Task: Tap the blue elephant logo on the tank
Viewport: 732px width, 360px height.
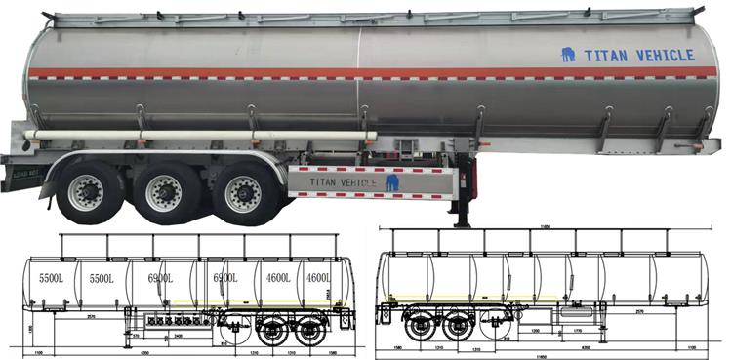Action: click(x=568, y=55)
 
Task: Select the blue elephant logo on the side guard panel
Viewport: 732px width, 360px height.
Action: click(x=392, y=181)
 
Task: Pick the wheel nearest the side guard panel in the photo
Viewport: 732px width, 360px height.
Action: click(x=240, y=193)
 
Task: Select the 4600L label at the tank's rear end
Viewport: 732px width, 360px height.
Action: click(x=316, y=279)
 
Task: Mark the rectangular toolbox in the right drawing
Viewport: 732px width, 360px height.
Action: click(x=572, y=315)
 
